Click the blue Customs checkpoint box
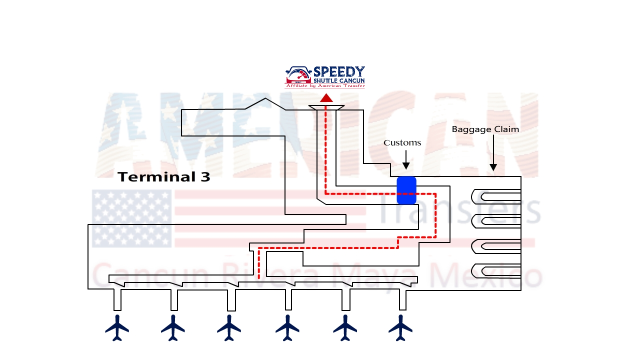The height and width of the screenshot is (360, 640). click(x=406, y=190)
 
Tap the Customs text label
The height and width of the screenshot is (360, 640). click(x=402, y=143)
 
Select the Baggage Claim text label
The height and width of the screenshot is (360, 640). click(x=485, y=129)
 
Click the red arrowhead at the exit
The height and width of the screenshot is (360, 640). click(x=326, y=98)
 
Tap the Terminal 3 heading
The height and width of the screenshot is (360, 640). click(x=164, y=177)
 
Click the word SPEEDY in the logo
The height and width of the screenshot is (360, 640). click(x=339, y=72)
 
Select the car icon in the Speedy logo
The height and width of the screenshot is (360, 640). click(x=298, y=75)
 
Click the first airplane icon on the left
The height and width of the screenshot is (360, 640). click(x=117, y=327)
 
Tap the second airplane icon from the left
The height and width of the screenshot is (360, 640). click(x=173, y=327)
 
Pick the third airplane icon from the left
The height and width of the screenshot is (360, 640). click(x=229, y=327)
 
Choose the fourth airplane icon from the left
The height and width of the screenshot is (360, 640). click(x=287, y=327)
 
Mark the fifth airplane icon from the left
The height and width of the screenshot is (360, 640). click(x=345, y=327)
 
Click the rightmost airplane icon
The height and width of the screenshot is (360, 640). click(x=400, y=327)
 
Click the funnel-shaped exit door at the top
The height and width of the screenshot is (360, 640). click(x=326, y=108)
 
